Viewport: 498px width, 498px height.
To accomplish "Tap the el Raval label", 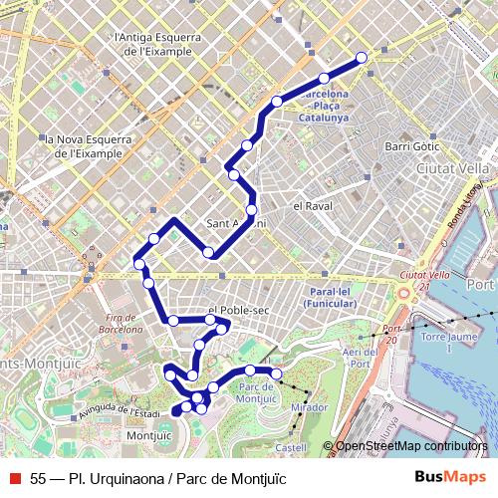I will pyautogui.click(x=311, y=206).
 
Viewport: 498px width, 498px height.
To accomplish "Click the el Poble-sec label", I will pyautogui.click(x=239, y=311).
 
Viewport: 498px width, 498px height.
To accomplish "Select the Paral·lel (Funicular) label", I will pyautogui.click(x=328, y=297).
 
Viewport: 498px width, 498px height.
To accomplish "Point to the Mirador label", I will pyautogui.click(x=309, y=407).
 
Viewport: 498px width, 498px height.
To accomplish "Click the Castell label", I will pyautogui.click(x=291, y=447).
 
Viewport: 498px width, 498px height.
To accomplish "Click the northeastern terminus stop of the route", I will pyautogui.click(x=361, y=58).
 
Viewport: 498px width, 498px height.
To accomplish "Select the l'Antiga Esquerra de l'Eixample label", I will pyautogui.click(x=159, y=45).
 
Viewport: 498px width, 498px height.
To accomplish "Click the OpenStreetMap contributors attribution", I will pyautogui.click(x=410, y=447).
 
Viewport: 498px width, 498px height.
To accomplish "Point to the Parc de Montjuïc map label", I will pyautogui.click(x=257, y=391).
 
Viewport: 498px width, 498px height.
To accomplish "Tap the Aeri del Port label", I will pyautogui.click(x=359, y=359).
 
